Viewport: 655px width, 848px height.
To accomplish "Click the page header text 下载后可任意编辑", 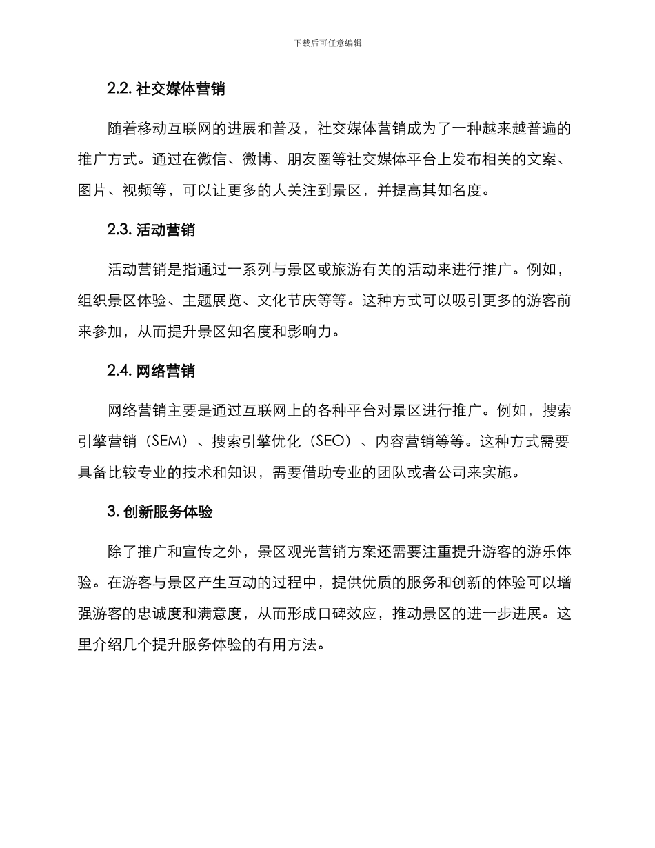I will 327,43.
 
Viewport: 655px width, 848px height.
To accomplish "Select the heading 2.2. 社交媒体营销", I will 166,89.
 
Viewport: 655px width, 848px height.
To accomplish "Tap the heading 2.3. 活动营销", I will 151,230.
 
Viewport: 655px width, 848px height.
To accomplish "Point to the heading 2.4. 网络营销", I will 151,371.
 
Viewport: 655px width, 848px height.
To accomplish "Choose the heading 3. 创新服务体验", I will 160,512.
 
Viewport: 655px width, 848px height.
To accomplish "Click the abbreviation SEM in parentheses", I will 163,443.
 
